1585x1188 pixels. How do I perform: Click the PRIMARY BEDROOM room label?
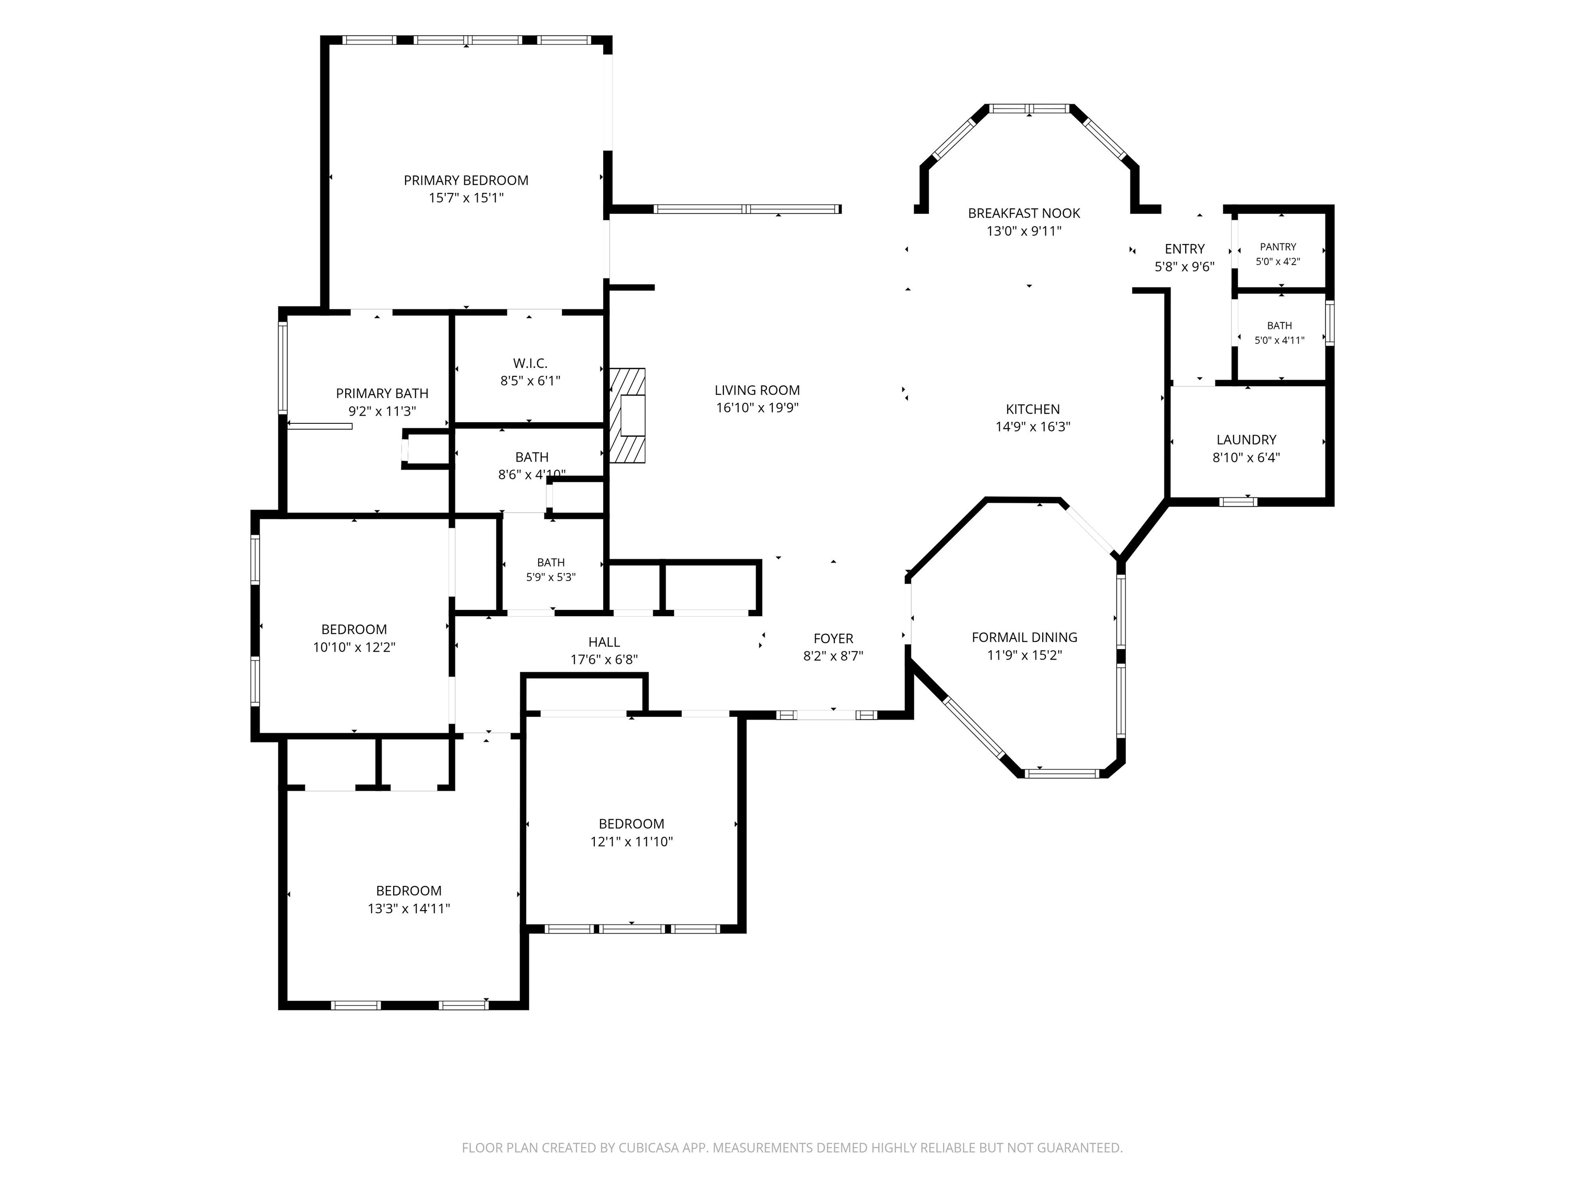[x=466, y=180]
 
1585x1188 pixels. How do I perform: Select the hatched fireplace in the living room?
[x=627, y=415]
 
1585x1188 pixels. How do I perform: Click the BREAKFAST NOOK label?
[x=1024, y=213]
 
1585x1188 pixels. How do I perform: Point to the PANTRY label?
[x=1279, y=247]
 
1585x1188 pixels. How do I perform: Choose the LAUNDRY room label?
[x=1246, y=440]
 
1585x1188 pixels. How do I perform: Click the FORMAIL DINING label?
[x=1024, y=637]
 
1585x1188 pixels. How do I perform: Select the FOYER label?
[x=833, y=639]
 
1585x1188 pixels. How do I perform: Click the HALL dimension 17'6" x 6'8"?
[x=604, y=659]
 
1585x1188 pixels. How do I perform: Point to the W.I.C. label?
[x=530, y=364]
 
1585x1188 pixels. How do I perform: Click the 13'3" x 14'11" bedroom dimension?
[x=409, y=909]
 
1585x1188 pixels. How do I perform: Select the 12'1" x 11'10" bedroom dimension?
[x=632, y=842]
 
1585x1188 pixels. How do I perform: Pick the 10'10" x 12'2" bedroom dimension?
[x=354, y=647]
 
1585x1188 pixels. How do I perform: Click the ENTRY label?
[x=1185, y=249]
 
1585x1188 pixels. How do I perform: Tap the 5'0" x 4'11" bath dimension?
[x=1279, y=341]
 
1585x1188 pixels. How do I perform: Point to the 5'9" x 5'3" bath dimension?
[x=551, y=577]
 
